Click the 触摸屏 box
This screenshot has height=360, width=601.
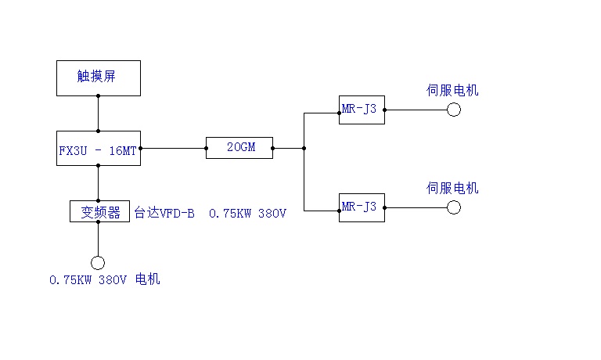click(99, 77)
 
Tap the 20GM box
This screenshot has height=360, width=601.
click(239, 147)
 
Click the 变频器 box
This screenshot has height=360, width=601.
click(99, 211)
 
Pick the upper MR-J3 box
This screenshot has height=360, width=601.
click(362, 110)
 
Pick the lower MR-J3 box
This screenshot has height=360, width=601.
click(362, 207)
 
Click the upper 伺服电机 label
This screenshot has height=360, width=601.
click(452, 91)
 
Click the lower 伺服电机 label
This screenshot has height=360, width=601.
click(452, 188)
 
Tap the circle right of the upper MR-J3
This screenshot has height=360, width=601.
click(454, 110)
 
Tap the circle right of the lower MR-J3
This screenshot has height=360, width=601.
click(454, 207)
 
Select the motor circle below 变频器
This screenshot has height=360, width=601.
click(98, 263)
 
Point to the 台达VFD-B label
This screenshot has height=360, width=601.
click(164, 212)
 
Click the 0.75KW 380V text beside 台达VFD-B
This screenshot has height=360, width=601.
click(247, 212)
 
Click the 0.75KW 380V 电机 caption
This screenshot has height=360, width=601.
click(104, 279)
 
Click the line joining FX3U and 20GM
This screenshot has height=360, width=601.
click(173, 147)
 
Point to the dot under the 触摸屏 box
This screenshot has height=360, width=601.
click(98, 96)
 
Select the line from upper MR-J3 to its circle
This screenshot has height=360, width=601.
click(416, 110)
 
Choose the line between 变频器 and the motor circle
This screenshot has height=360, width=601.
click(98, 239)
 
